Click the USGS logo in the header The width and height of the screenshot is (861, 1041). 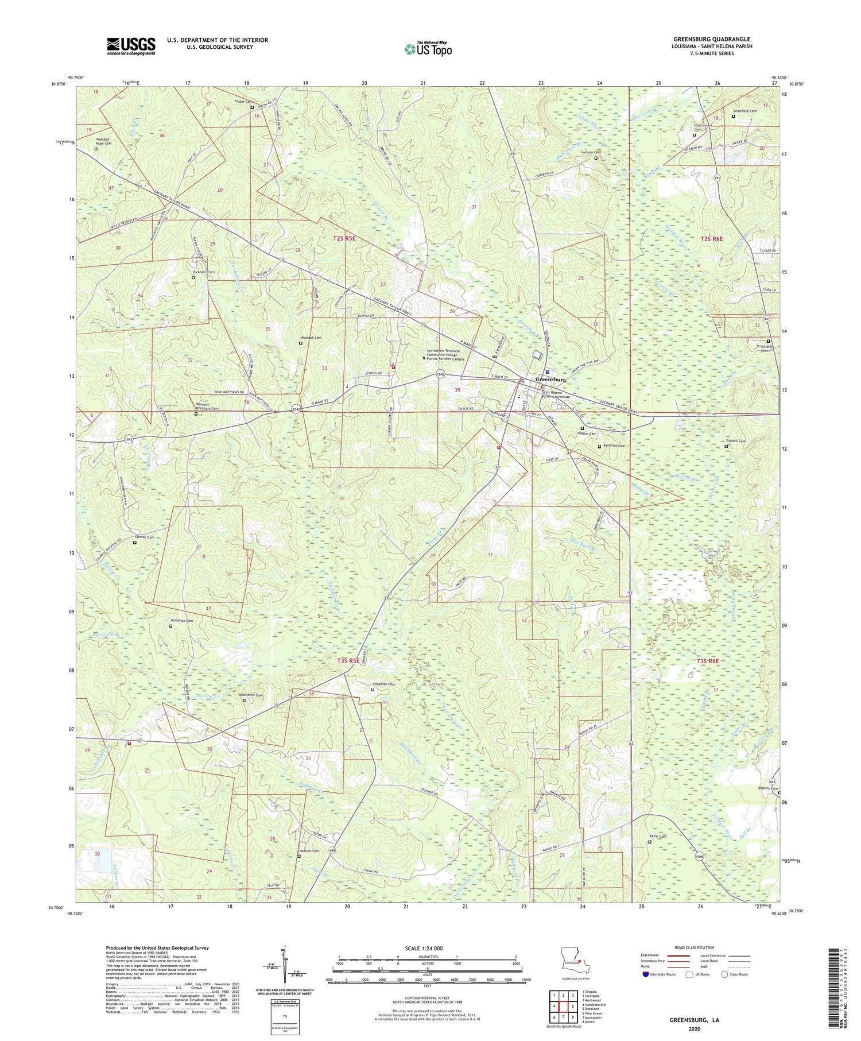(x=131, y=46)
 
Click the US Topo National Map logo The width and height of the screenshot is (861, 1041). (x=428, y=49)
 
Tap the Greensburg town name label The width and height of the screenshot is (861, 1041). (x=550, y=380)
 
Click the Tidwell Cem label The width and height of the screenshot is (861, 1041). (x=734, y=441)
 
